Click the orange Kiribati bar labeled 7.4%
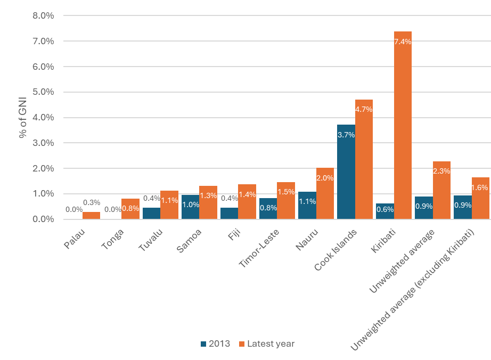(x=403, y=128)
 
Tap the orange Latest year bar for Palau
(x=91, y=216)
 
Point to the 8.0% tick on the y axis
(x=43, y=15)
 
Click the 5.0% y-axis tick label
(x=43, y=92)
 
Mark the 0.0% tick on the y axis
(x=43, y=219)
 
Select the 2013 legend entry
(x=215, y=344)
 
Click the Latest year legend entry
(x=266, y=344)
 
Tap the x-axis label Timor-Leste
(x=258, y=247)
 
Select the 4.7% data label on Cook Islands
(x=364, y=109)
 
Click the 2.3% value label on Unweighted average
(x=441, y=171)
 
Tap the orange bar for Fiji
(x=247, y=205)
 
